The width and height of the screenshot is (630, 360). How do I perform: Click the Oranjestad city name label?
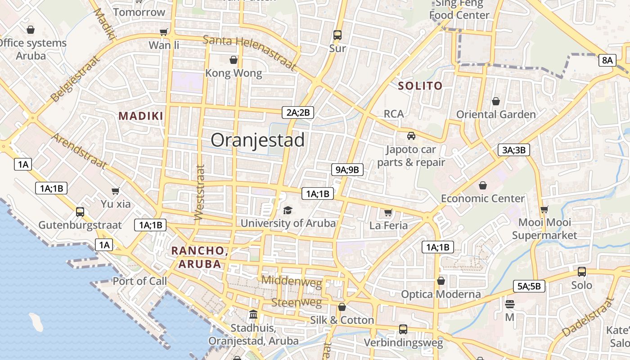pyautogui.click(x=257, y=140)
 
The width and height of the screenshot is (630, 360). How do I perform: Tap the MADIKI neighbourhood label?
pyautogui.click(x=141, y=116)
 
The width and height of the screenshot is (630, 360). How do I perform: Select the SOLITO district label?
pyautogui.click(x=420, y=86)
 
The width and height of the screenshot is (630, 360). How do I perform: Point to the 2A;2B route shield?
pyautogui.click(x=297, y=112)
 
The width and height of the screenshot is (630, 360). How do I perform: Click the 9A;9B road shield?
pyautogui.click(x=347, y=170)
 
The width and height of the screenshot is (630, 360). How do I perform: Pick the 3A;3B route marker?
pyautogui.click(x=513, y=150)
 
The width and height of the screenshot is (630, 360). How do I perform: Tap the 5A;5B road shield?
pyautogui.click(x=529, y=286)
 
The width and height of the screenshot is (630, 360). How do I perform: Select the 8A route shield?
pyautogui.click(x=607, y=60)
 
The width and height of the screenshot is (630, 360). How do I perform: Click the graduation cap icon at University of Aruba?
pyautogui.click(x=288, y=210)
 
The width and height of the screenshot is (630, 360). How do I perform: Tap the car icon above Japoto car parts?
pyautogui.click(x=411, y=136)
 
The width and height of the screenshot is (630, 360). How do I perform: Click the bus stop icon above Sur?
pyautogui.click(x=337, y=35)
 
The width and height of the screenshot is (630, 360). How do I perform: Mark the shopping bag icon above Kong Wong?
pyautogui.click(x=234, y=60)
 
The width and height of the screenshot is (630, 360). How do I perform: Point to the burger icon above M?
pyautogui.click(x=509, y=304)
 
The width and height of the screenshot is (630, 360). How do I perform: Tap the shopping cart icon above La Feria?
pyautogui.click(x=388, y=212)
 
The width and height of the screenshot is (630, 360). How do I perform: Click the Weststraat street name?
pyautogui.click(x=199, y=193)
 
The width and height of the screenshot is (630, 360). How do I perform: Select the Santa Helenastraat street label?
pyautogui.click(x=250, y=52)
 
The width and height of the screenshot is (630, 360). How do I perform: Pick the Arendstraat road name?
pyautogui.click(x=79, y=150)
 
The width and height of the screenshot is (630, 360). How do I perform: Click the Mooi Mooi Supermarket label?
pyautogui.click(x=544, y=229)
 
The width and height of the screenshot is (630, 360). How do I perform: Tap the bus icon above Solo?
pyautogui.click(x=582, y=272)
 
